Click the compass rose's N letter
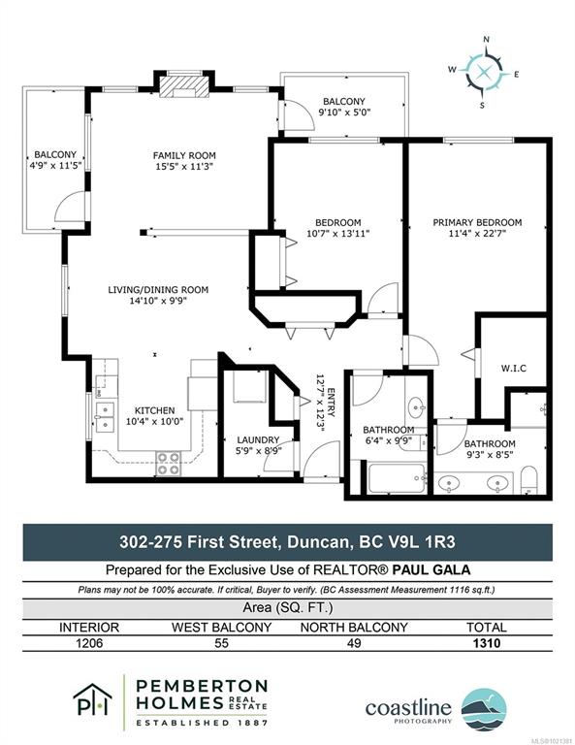486,40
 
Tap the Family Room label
184,155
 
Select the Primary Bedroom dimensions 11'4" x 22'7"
477,233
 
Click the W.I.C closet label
513,369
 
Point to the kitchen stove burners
169,464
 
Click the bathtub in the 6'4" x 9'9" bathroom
397,479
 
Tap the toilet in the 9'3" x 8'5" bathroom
528,478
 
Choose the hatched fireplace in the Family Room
184,87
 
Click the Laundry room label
258,440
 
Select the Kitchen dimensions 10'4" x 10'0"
154,421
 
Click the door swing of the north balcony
300,115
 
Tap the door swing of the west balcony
70,208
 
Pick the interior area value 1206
89,643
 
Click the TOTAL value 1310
487,643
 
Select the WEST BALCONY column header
221,628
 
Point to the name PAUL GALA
431,569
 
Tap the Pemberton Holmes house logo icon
92,700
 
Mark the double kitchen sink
105,417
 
